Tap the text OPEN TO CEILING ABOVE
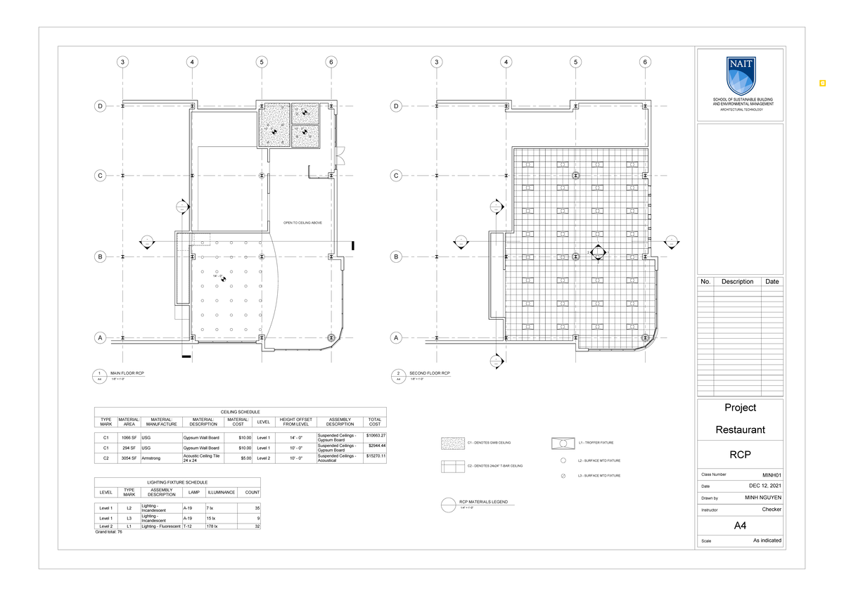click(302, 223)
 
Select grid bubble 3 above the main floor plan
click(123, 62)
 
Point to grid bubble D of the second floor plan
click(396, 107)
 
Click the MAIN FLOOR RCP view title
click(127, 372)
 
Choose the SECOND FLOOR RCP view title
click(429, 372)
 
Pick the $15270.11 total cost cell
click(376, 456)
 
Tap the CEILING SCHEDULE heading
click(240, 412)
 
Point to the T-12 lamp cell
click(188, 526)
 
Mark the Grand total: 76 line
click(108, 532)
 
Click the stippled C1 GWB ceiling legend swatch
click(452, 443)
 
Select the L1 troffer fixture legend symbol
click(563, 443)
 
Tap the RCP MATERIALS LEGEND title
click(482, 502)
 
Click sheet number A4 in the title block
click(739, 525)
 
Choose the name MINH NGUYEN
click(762, 498)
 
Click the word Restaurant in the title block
click(740, 429)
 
